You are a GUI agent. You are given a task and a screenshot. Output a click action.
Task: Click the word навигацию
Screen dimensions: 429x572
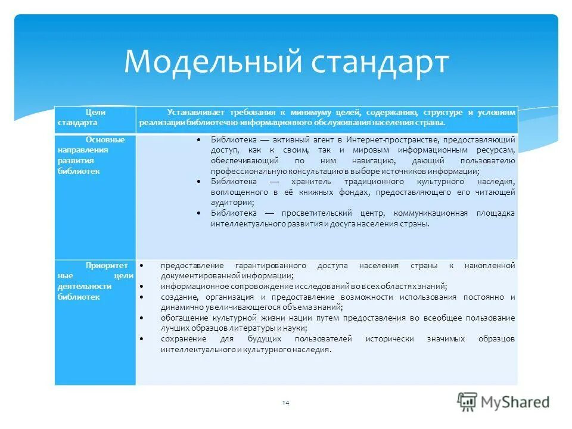(x=371, y=161)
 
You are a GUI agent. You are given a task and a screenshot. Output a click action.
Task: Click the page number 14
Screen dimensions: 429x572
(x=285, y=404)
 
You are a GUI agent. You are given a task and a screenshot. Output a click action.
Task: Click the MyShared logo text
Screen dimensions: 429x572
(x=516, y=402)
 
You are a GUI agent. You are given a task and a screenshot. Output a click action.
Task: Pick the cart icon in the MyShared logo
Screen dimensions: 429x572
(x=468, y=402)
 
